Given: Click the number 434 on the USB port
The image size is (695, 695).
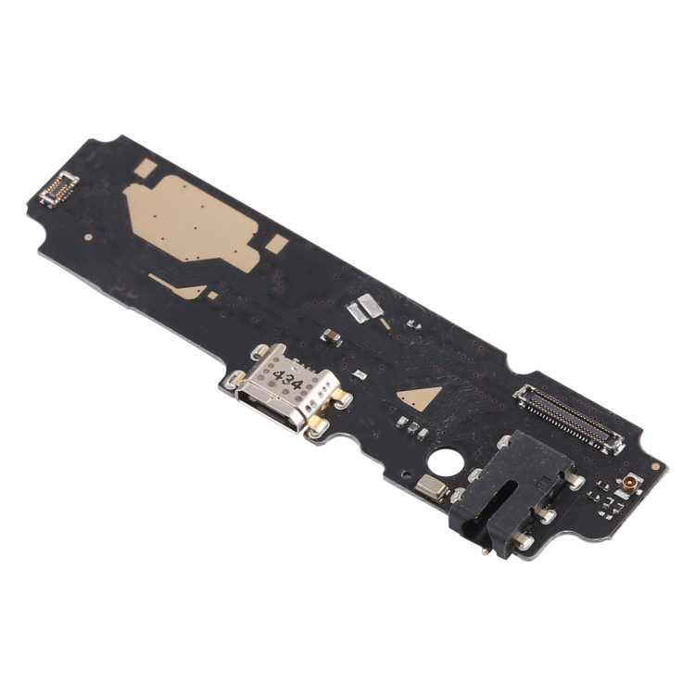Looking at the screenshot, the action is coord(287,380).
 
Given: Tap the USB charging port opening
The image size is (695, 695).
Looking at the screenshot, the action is coord(268,408).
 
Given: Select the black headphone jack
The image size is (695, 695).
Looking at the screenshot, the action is coord(511,491).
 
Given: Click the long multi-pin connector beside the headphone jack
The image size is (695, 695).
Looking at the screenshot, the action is coord(569,420).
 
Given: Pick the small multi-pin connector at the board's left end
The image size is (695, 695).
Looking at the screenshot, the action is coord(59,189).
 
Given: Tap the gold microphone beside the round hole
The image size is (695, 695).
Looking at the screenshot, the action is coord(432,488).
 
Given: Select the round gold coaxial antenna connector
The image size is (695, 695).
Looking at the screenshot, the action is coord(630,485).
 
